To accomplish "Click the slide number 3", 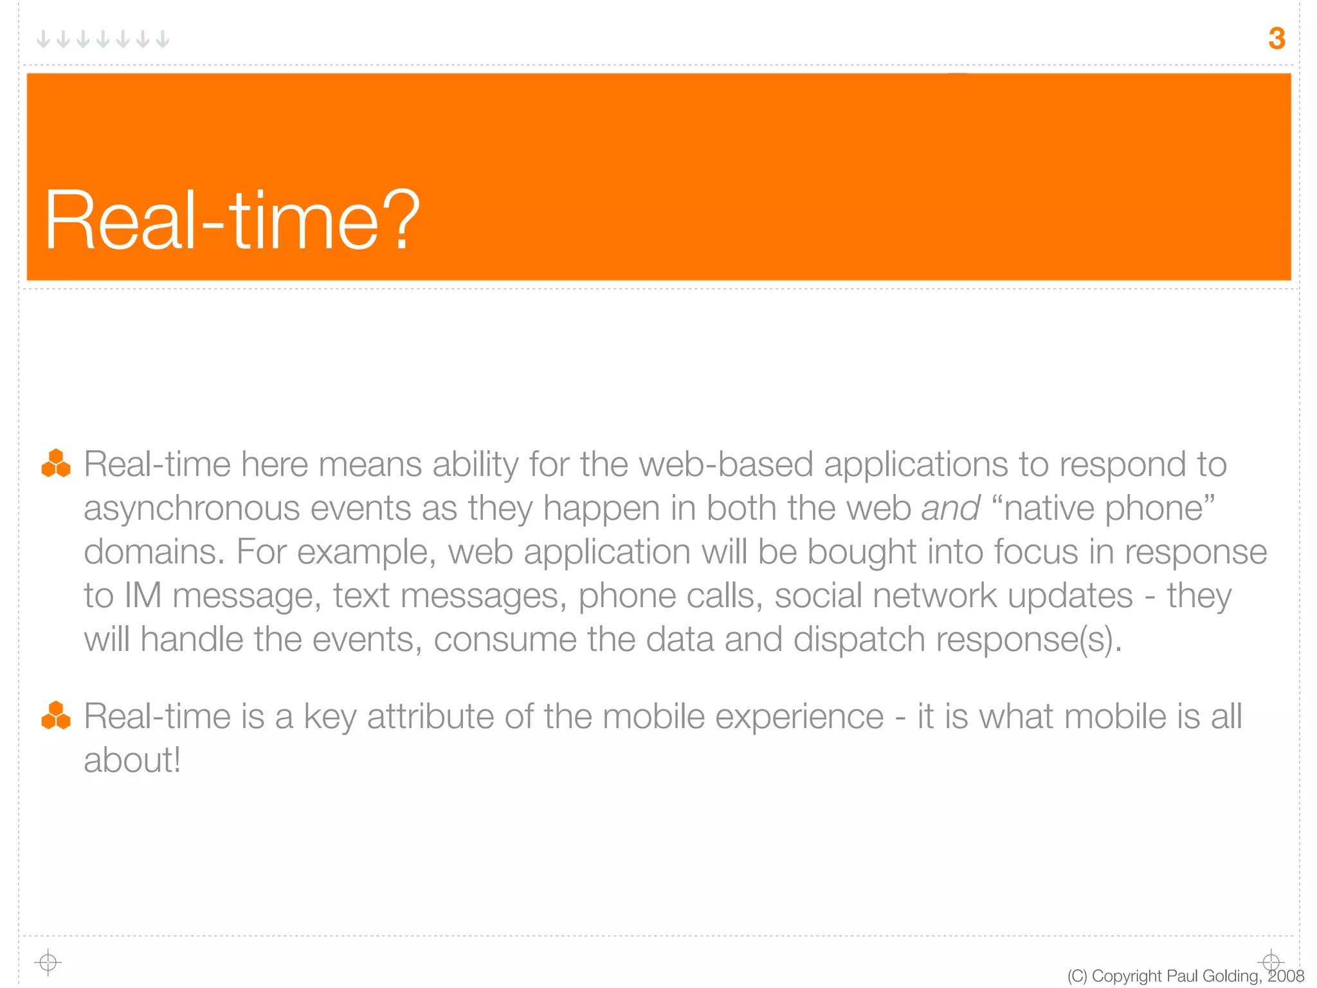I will pos(1276,39).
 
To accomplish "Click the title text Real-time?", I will pos(232,220).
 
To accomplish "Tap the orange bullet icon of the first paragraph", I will pos(56,464).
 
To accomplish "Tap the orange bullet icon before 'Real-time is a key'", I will pos(56,715).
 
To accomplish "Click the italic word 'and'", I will pos(950,508).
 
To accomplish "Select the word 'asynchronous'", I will pos(192,508).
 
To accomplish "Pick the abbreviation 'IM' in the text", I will pos(142,596).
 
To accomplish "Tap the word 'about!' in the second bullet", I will pos(132,760).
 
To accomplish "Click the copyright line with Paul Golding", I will pos(1185,976).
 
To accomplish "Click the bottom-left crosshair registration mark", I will pos(48,962).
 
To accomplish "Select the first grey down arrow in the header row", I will pos(43,39).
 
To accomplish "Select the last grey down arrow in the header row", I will pos(163,39).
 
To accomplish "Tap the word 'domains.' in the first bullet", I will pos(154,552).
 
